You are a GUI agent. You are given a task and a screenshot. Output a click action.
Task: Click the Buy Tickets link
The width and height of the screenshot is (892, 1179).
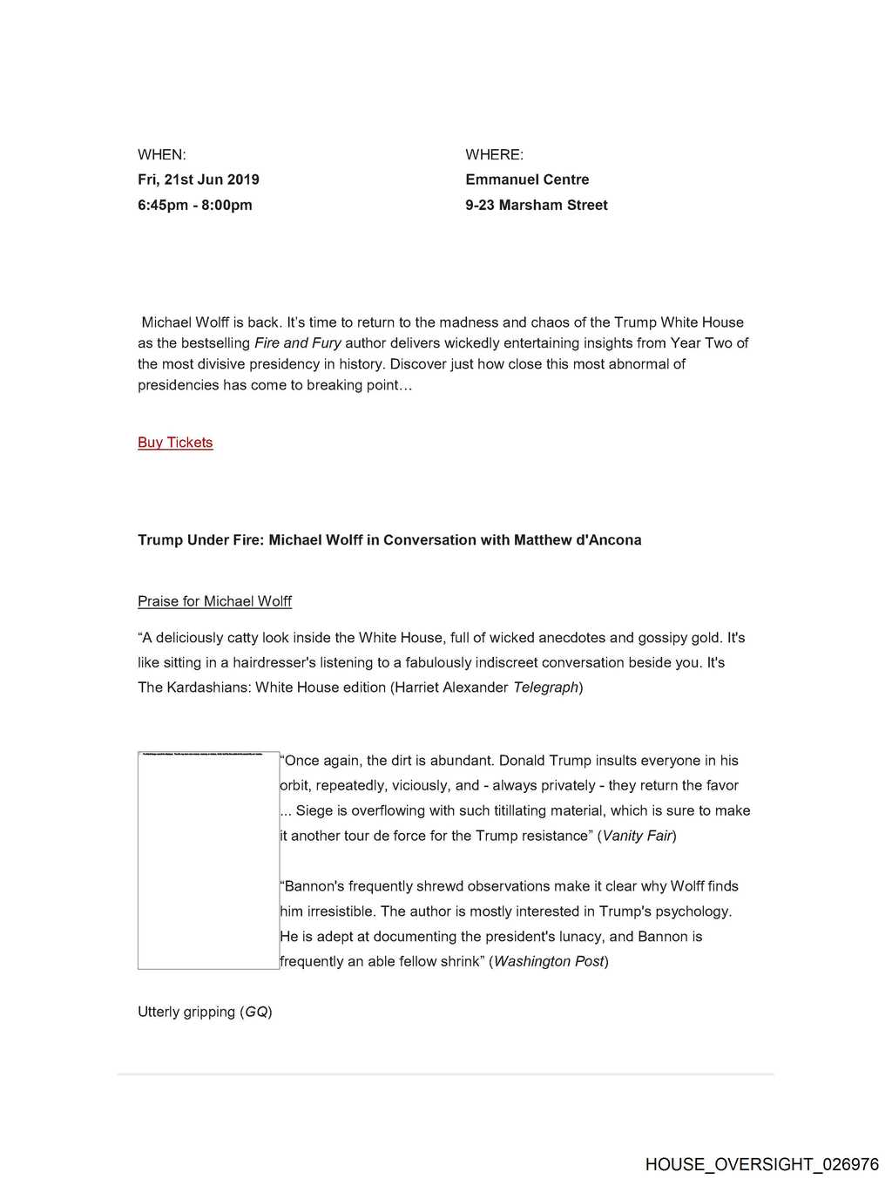(175, 443)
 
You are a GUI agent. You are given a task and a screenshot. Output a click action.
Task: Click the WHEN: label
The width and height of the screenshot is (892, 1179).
(162, 155)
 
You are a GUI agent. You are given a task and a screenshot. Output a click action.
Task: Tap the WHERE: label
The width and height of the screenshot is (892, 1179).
(494, 155)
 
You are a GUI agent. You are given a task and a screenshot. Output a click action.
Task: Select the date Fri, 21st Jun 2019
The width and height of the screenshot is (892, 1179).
(199, 180)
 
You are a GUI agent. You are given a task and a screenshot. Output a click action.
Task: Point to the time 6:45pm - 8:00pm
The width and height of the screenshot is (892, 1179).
(195, 205)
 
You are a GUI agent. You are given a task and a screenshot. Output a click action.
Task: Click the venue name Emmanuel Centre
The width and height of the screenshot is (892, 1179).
(527, 180)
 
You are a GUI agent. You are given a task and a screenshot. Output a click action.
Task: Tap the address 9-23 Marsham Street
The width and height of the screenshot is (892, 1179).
(537, 205)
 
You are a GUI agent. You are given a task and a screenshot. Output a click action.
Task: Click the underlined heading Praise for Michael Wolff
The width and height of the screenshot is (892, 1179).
(214, 601)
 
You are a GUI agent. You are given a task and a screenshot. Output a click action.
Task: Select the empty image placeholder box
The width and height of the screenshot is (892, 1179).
(208, 860)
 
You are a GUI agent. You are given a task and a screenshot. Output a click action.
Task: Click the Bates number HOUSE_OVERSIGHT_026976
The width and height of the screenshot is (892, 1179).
(762, 1164)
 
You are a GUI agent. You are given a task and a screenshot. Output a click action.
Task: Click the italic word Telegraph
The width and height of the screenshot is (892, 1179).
(546, 688)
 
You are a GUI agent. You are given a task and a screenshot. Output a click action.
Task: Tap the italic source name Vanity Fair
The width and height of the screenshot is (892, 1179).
(637, 836)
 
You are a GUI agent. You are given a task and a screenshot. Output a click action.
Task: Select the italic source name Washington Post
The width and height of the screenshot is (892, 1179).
(549, 961)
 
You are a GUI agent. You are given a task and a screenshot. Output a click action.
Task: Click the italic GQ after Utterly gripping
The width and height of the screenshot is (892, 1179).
(256, 1012)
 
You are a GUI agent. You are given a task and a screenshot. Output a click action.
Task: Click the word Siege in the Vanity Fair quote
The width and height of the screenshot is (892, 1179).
(315, 810)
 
